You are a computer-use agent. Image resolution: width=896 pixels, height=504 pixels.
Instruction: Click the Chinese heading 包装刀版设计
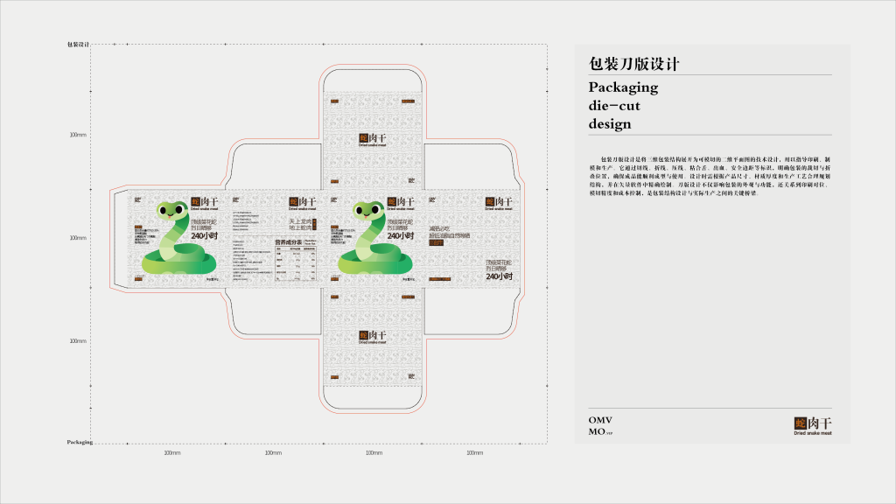pos(634,65)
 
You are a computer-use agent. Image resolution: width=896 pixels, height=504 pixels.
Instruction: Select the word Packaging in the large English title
pos(623,87)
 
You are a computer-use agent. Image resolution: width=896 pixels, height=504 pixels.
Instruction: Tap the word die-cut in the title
pos(614,106)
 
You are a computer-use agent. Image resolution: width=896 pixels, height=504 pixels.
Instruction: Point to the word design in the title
pos(610,124)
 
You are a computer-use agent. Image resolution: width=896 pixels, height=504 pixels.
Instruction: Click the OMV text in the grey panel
pos(600,420)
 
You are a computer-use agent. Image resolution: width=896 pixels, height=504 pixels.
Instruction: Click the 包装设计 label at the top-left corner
pos(79,44)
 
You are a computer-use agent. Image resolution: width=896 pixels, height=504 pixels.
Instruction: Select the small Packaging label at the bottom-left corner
pos(80,443)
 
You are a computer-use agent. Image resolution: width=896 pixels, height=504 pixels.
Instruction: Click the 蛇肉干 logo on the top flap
pos(374,139)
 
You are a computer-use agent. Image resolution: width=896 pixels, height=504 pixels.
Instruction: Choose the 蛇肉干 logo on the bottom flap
pos(374,337)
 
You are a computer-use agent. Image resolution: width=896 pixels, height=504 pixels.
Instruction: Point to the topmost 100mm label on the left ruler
pos(79,135)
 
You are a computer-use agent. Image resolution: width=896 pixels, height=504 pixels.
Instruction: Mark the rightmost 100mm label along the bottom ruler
pos(474,453)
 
